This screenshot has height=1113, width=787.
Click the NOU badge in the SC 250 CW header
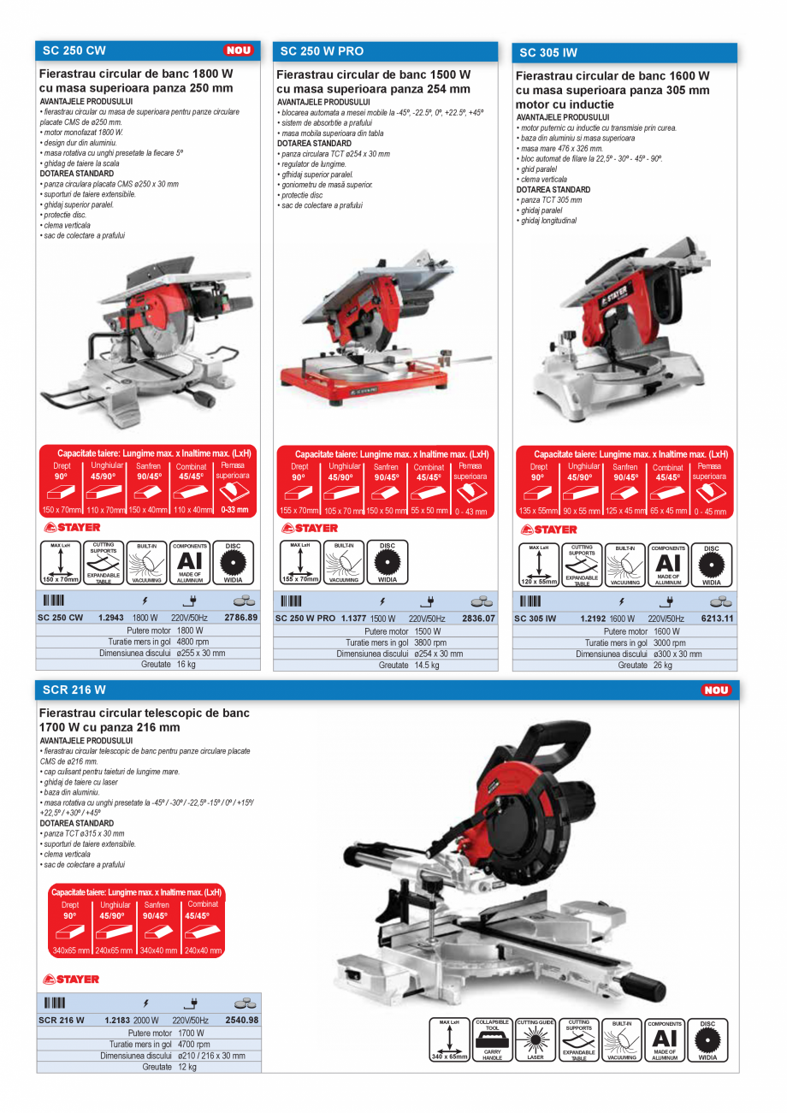tap(239, 50)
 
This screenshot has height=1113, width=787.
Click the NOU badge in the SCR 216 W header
tap(716, 690)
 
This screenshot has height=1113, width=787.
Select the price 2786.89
tap(240, 618)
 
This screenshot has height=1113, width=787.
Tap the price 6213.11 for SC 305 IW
tap(718, 619)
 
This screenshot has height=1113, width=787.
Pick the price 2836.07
tap(477, 619)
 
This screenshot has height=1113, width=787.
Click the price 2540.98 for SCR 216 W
tap(241, 1020)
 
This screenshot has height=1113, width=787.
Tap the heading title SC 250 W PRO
tap(322, 51)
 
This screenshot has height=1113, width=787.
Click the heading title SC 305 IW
tap(548, 52)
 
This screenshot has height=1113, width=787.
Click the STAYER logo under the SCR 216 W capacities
tap(71, 979)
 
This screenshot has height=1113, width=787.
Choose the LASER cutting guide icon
tap(536, 1040)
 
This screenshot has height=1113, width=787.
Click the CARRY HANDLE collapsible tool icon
tap(492, 1040)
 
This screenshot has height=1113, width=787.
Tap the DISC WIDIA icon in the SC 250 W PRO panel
tap(388, 562)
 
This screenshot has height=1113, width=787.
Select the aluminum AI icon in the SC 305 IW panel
tap(668, 564)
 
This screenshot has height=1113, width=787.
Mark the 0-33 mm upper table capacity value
tap(234, 510)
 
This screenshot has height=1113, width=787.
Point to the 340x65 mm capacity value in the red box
tap(70, 950)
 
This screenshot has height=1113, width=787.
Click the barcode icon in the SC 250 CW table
tap(54, 601)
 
